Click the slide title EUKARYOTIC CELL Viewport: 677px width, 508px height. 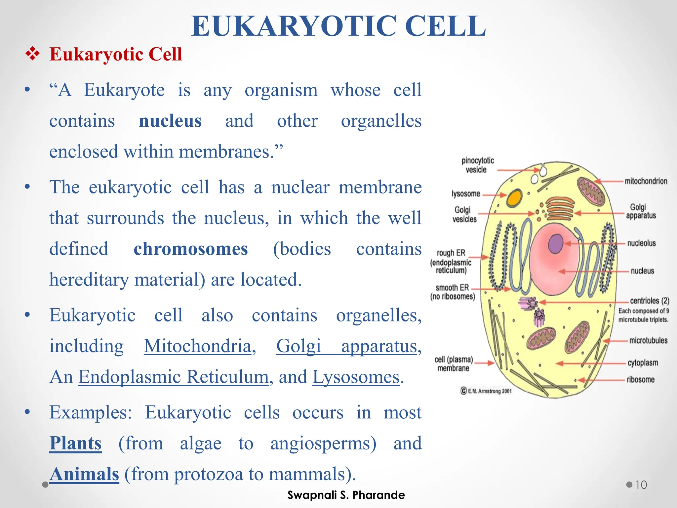(x=338, y=26)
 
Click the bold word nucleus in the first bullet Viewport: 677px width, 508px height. (x=170, y=121)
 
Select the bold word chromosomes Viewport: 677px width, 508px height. (x=191, y=249)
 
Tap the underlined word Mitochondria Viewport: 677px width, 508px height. (x=198, y=346)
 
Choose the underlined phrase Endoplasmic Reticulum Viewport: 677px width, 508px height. (x=173, y=377)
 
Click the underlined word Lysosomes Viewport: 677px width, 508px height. (x=356, y=377)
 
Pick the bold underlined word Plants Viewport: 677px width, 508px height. (x=75, y=443)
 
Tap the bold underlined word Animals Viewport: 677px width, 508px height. (x=84, y=474)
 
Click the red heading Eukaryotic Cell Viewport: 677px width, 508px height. (x=116, y=54)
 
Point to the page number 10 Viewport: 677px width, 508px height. (x=641, y=485)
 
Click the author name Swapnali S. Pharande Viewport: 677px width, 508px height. (x=346, y=495)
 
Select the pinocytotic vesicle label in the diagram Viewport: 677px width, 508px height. (x=477, y=165)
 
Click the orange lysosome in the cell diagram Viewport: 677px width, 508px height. (x=514, y=197)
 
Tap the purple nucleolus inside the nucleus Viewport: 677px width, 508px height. (x=556, y=244)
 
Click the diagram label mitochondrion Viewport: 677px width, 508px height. (x=646, y=181)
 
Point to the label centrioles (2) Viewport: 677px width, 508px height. (x=649, y=301)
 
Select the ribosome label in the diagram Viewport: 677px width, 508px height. (x=640, y=380)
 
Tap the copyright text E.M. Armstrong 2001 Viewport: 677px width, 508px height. (x=487, y=391)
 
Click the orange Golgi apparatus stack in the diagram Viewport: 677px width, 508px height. (x=560, y=208)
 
